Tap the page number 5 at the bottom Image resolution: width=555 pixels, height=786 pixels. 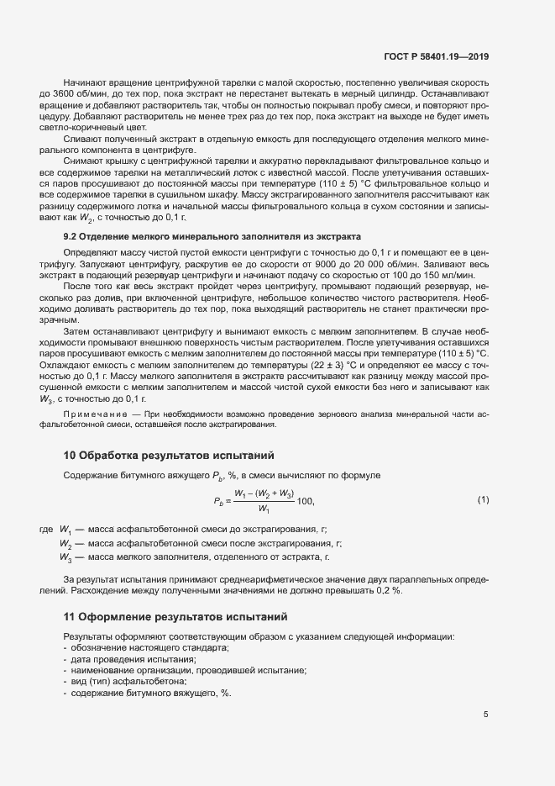485,715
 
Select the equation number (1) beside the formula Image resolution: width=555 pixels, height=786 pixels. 483,500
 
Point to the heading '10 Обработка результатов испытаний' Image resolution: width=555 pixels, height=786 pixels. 169,456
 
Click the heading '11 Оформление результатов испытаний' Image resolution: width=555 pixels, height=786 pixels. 175,616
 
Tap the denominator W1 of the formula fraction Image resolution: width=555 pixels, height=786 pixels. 264,509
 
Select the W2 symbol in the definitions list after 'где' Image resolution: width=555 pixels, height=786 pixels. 65,543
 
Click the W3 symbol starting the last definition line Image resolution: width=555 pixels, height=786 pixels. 65,557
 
